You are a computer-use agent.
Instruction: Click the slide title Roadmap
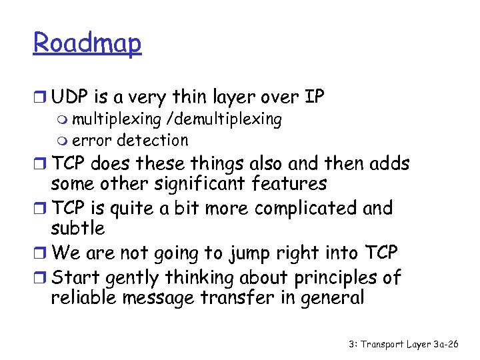tap(87, 44)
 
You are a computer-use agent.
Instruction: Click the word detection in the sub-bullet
tap(153, 140)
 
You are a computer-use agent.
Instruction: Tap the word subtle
tap(78, 228)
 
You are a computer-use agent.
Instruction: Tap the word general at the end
tap(329, 297)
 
